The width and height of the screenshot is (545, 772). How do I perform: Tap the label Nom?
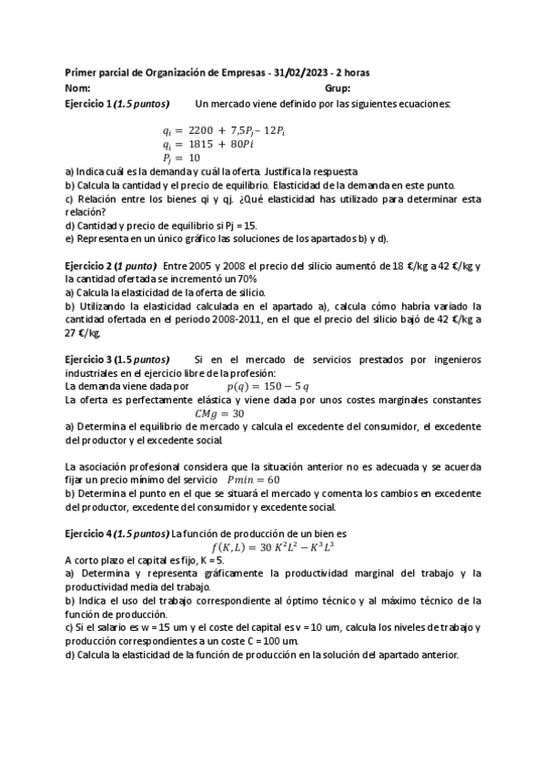(x=78, y=88)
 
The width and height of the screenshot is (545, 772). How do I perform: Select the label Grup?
(x=338, y=88)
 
